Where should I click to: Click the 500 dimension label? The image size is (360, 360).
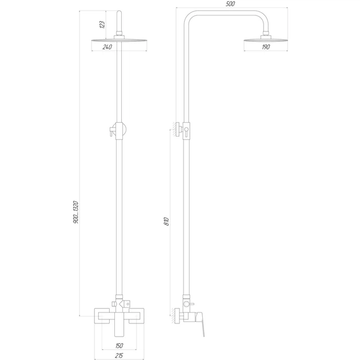230,4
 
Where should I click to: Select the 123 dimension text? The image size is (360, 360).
102,25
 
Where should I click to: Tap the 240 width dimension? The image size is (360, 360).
107,47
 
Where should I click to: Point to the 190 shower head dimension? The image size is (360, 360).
266,47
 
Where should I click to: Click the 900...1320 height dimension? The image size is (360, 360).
76,212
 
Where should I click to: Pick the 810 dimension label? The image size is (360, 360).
167,221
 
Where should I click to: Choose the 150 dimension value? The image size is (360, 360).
119,346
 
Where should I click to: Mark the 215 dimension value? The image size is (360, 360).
119,355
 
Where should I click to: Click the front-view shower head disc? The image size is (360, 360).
119,41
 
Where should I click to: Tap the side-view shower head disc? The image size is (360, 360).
266,41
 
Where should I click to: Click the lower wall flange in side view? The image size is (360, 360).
178,317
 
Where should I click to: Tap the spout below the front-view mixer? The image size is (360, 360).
119,325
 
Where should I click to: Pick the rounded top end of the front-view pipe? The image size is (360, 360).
119,13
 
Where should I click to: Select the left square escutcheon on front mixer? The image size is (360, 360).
102,316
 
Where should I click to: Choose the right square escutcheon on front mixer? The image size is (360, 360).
137,316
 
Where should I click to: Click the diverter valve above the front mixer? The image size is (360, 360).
121,304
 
